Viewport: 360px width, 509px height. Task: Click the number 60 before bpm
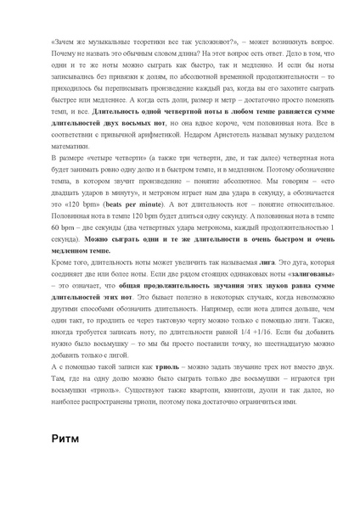coord(54,228)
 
